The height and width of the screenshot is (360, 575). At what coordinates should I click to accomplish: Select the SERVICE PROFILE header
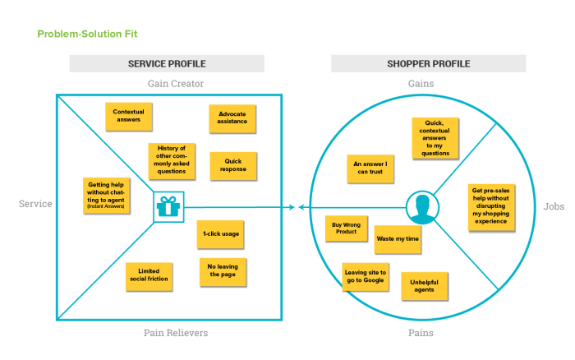point(167,64)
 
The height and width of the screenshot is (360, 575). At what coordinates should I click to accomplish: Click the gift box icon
point(169,206)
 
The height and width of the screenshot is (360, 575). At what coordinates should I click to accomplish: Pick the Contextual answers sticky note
point(128,116)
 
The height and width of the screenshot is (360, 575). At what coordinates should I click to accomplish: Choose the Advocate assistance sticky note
point(232,118)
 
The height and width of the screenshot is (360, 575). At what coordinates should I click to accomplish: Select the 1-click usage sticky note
point(220,234)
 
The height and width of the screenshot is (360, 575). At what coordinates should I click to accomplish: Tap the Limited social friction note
point(149,275)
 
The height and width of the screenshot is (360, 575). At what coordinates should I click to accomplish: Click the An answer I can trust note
point(370,168)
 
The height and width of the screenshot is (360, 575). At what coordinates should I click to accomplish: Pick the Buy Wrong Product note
point(346,228)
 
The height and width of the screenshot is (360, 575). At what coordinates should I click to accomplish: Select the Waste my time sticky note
point(398,238)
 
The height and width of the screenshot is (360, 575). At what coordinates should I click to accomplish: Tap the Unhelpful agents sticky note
point(424,285)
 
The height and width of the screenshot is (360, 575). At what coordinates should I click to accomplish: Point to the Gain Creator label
point(176,84)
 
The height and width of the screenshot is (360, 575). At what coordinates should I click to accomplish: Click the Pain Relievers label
point(176,333)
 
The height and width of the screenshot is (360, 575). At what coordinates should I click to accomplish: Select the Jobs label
point(553,206)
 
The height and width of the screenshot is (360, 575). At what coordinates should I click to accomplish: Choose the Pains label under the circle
point(421,333)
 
